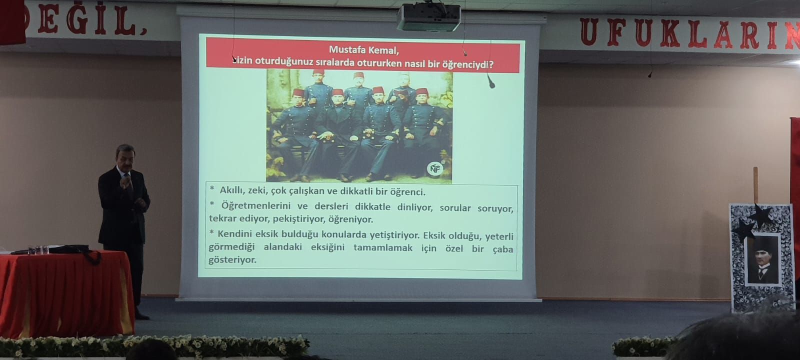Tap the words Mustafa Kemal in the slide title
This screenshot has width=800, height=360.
363,50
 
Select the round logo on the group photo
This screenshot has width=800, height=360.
434,168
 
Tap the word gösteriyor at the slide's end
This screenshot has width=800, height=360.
232,260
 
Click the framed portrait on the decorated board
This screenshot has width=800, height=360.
762,259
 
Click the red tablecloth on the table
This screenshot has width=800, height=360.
66,293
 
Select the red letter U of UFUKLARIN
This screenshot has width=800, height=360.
590,32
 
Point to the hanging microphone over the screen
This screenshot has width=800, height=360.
491,83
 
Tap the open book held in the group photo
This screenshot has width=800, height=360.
400,93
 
